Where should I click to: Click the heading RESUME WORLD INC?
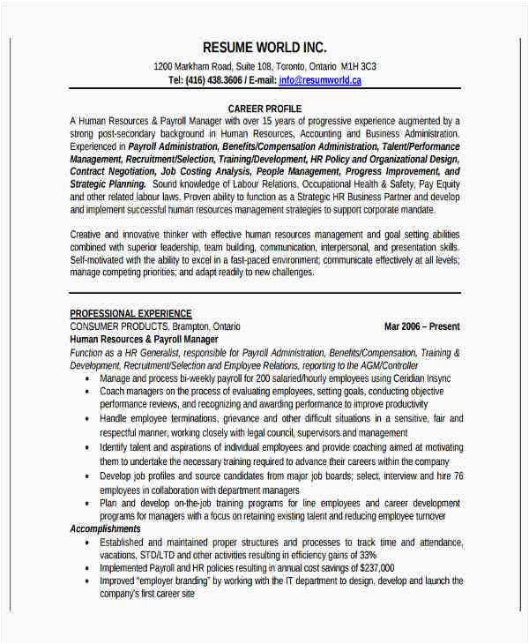264,47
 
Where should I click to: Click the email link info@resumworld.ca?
320,79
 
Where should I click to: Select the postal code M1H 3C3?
358,66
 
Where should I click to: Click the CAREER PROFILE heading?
264,108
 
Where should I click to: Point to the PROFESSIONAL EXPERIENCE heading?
130,314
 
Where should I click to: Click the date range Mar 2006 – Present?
422,326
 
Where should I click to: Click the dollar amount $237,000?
372,568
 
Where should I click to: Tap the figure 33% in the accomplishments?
368,555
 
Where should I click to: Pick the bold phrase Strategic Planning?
108,184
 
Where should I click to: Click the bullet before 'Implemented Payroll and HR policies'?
87,568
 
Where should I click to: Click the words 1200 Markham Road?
191,66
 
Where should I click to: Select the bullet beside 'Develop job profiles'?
87,476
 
